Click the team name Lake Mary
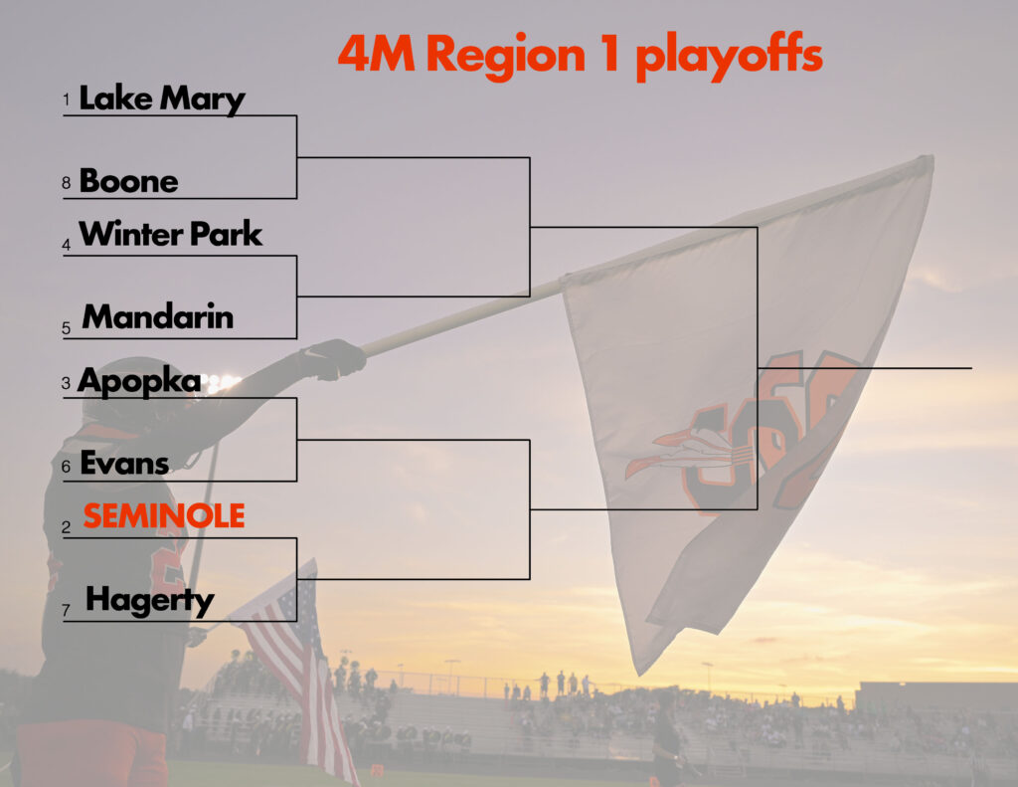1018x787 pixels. [x=162, y=98]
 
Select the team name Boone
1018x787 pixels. [x=128, y=181]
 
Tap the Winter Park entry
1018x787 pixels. [x=170, y=233]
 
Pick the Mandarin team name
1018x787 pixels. [x=157, y=316]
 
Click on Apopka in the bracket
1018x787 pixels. [x=139, y=381]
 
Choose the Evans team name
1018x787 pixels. [x=124, y=464]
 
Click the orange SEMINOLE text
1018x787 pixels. [x=164, y=516]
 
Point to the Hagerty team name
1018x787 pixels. [x=149, y=601]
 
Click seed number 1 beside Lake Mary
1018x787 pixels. [x=66, y=99]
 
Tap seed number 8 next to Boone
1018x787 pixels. [x=66, y=183]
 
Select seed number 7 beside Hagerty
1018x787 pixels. [x=66, y=610]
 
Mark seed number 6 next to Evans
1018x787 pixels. [x=66, y=467]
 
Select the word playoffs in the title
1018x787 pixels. [x=729, y=56]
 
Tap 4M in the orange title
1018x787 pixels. [x=376, y=54]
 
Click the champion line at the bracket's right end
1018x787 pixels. [x=865, y=368]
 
